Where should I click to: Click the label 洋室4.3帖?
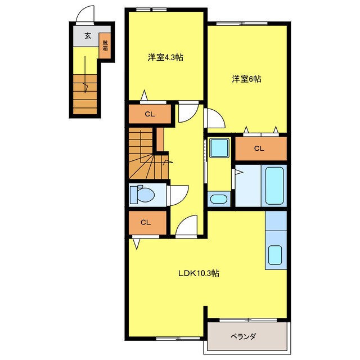pos(165,57)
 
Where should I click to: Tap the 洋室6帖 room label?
pos(246,79)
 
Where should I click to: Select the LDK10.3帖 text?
pos(199,273)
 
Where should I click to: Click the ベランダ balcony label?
pos(243,336)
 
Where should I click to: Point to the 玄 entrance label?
pos(88,36)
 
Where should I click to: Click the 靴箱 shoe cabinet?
pos(105,45)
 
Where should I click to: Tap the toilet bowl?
pos(142,195)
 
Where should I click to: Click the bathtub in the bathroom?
pos(274,186)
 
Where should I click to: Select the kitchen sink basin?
pos(275,255)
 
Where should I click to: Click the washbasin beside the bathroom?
pos(218,199)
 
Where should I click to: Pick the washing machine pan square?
pos(219,147)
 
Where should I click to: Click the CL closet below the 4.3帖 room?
pos(150,114)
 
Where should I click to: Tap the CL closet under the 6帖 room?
pos(261,148)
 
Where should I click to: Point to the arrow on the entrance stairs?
pos(85,74)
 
